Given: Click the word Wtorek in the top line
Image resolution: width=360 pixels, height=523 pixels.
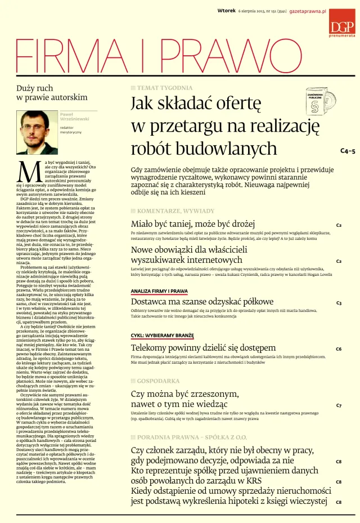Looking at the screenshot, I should (226, 11).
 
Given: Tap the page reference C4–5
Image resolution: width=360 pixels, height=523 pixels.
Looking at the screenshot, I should (348, 151).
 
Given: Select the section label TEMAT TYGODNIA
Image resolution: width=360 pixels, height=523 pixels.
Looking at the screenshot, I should (159, 88).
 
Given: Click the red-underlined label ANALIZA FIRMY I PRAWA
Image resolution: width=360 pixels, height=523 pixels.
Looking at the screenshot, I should (159, 291).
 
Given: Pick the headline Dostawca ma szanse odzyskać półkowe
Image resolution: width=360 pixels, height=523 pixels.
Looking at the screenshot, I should (202, 302).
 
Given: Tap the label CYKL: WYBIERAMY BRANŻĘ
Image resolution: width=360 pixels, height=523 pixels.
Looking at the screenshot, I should (162, 336).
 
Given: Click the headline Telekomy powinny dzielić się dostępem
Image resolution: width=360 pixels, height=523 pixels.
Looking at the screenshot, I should (204, 347).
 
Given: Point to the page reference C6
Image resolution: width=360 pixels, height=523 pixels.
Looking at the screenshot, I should (339, 349).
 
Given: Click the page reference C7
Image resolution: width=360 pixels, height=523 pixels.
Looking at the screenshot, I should (339, 405).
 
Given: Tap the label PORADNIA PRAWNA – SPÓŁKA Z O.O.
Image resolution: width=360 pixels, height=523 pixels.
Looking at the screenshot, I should (181, 437).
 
